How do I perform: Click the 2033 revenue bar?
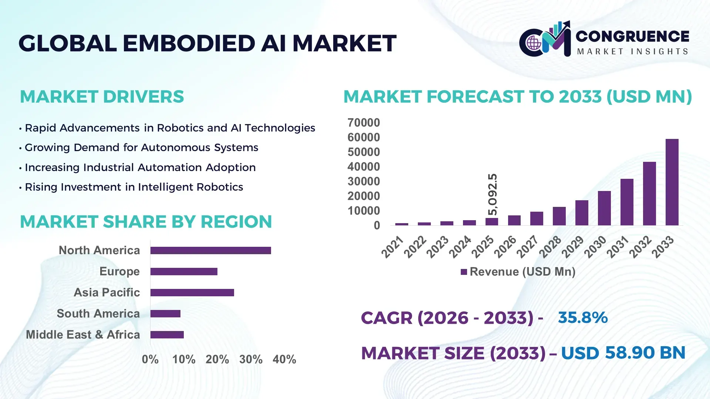click(x=672, y=182)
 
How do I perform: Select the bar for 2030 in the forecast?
click(x=604, y=208)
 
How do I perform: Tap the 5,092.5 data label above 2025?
click(x=493, y=194)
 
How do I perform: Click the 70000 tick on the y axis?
click(x=364, y=123)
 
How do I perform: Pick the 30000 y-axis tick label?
click(x=364, y=181)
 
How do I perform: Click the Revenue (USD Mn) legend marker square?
click(x=464, y=272)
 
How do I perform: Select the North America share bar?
click(x=210, y=250)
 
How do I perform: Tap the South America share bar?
click(x=165, y=314)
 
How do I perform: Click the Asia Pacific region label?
click(x=107, y=293)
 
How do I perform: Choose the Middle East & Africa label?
click(x=83, y=335)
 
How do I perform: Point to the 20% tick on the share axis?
click(x=217, y=359)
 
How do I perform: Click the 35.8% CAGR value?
click(x=582, y=318)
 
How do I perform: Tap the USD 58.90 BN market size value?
click(x=623, y=353)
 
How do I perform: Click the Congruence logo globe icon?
click(x=534, y=43)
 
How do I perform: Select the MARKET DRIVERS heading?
click(x=102, y=97)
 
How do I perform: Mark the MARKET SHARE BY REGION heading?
click(x=146, y=222)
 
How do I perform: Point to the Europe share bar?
click(x=184, y=272)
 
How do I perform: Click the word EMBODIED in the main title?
click(x=189, y=43)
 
